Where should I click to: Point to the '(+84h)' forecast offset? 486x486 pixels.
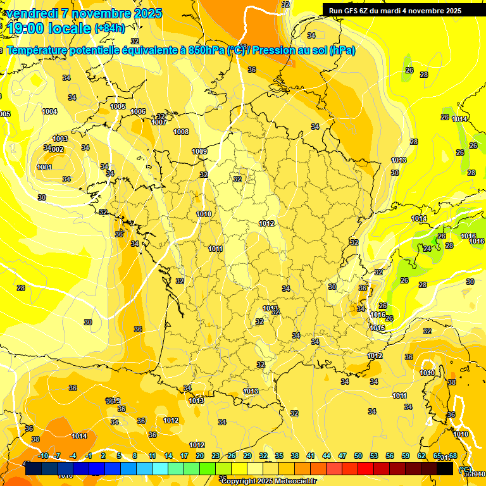pos(109,28)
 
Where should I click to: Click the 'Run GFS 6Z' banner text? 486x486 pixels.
pos(352,11)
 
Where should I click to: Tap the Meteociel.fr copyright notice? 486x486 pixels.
pos(268,481)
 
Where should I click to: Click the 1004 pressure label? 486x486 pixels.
pos(49,111)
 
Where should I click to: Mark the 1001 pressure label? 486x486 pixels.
pos(44,167)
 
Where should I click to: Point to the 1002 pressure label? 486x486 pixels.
pos(56,149)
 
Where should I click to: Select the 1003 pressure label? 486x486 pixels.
pos(60,139)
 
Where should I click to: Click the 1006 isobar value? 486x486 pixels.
pos(138,111)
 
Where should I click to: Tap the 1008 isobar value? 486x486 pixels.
pos(181,132)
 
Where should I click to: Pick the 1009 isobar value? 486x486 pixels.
pos(199,151)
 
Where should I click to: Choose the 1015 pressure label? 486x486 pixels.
pos(378,328)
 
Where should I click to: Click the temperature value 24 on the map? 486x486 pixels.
pos(427,249)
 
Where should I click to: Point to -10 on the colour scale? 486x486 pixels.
pos(43,456)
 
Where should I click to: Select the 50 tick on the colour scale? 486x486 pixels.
pos(358,456)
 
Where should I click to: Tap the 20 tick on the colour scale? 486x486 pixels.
pos(200,456)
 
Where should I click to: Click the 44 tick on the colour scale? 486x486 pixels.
pos(327,456)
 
